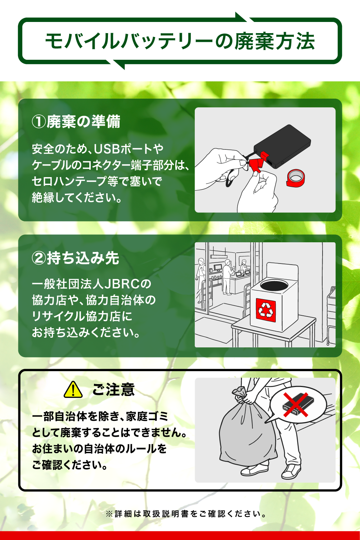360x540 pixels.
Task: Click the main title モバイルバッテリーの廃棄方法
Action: (x=180, y=41)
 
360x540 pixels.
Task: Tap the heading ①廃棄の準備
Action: (x=76, y=122)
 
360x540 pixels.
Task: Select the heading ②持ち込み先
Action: (x=76, y=258)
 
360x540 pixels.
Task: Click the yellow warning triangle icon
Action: (x=73, y=390)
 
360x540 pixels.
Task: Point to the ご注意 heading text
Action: (x=113, y=390)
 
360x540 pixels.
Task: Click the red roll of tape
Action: (x=296, y=178)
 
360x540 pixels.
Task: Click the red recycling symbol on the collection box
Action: (x=266, y=310)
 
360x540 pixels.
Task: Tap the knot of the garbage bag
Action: (x=239, y=391)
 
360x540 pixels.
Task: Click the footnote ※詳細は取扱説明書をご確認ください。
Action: (x=186, y=513)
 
